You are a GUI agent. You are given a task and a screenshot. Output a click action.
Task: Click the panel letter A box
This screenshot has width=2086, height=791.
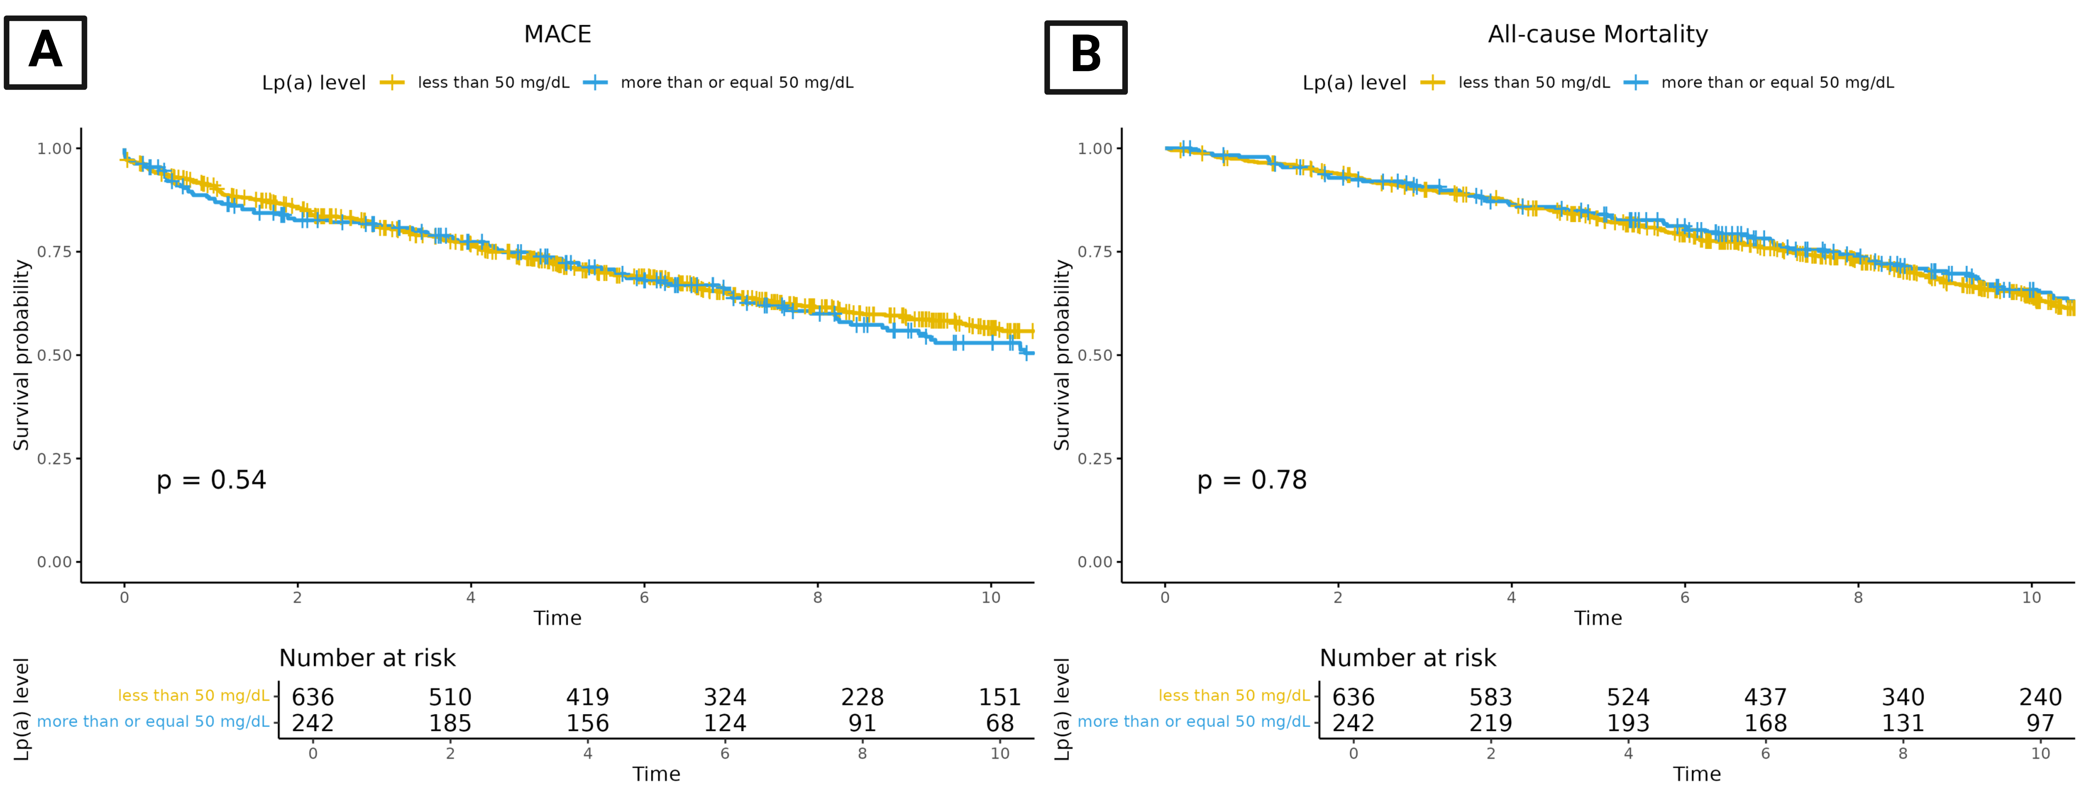(45, 52)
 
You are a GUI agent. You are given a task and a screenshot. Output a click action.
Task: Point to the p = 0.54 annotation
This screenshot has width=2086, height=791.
(211, 480)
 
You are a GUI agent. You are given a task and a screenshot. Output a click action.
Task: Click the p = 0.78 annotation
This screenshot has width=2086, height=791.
(1252, 480)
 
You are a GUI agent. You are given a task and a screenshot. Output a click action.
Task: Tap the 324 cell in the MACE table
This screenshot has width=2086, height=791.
(725, 697)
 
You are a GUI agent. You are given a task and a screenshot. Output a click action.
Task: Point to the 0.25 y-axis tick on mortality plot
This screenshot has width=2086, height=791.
(1095, 458)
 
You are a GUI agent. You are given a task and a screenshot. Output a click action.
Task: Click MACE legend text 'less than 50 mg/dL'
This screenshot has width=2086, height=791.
(493, 83)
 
